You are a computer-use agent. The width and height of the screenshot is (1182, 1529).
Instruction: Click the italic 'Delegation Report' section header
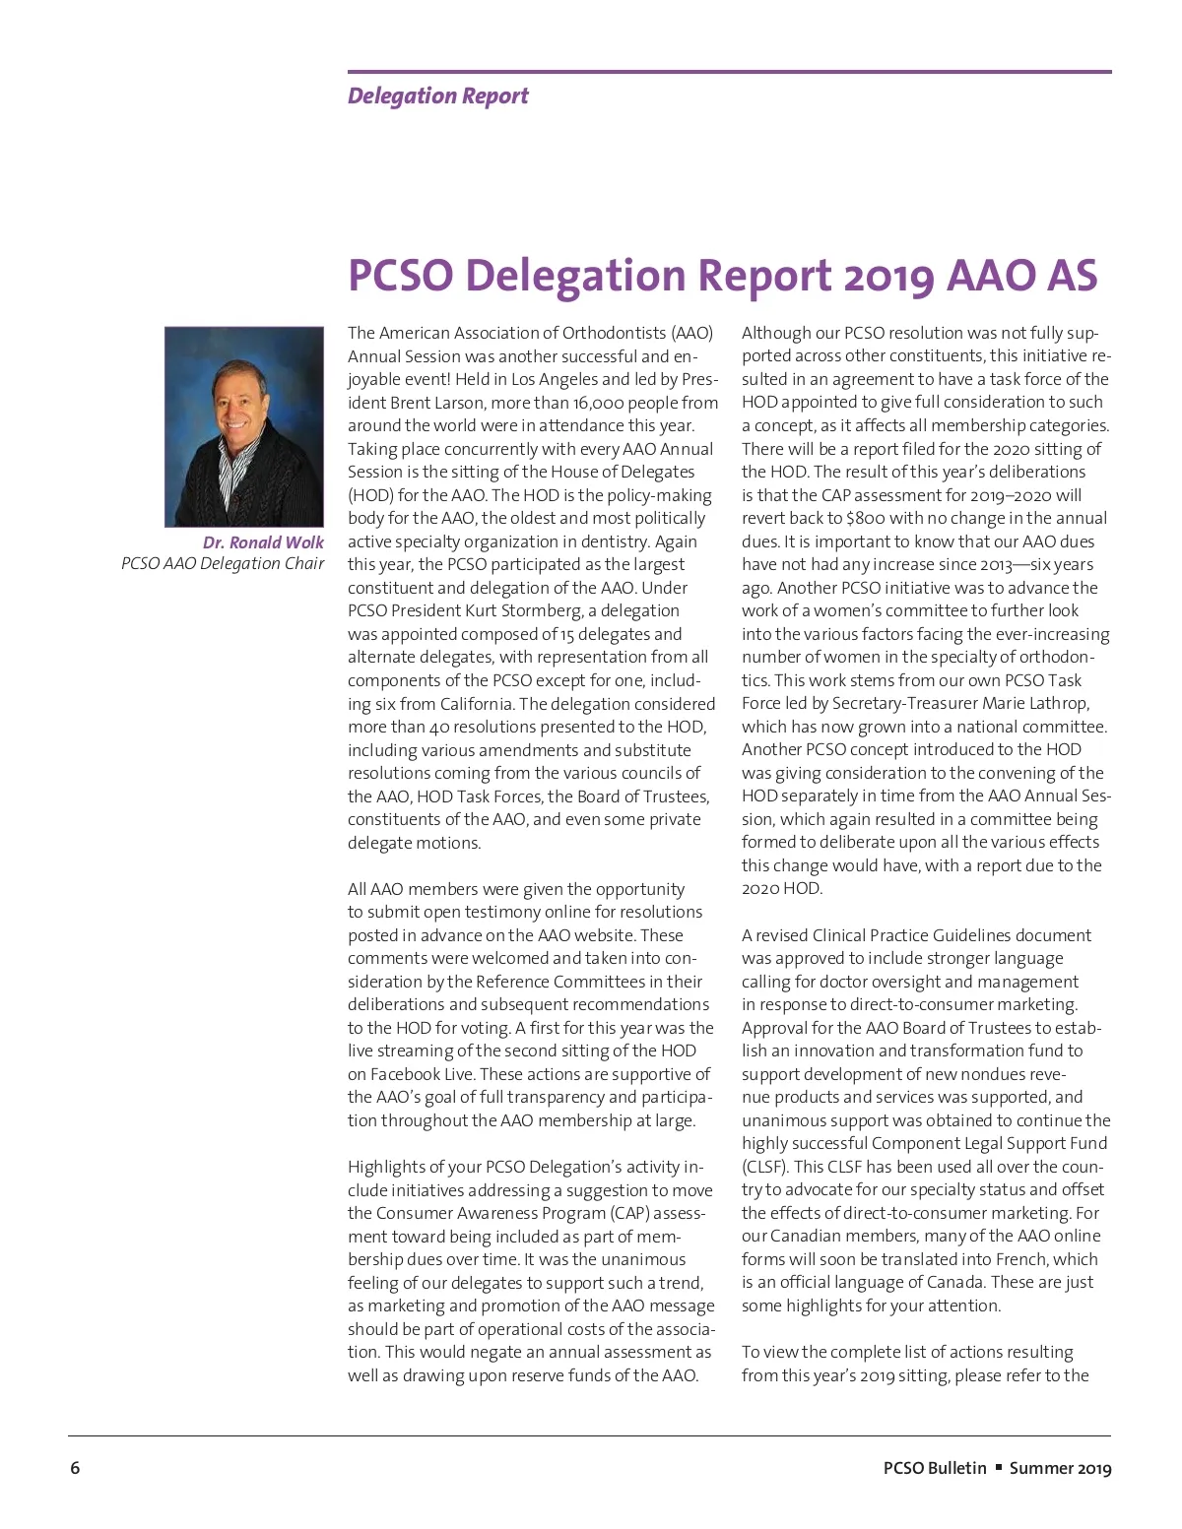(x=437, y=96)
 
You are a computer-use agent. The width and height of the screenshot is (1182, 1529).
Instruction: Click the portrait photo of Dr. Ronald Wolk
(x=243, y=426)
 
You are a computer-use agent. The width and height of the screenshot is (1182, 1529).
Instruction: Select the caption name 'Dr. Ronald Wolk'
(x=263, y=542)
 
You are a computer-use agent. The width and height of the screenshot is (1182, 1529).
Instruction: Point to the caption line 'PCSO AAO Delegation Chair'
(x=223, y=563)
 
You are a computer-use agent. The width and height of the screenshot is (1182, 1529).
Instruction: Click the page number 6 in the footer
(x=75, y=1468)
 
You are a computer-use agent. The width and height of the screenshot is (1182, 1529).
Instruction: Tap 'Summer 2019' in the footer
(x=1060, y=1468)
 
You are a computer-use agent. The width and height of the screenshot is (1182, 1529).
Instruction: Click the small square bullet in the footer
(x=998, y=1467)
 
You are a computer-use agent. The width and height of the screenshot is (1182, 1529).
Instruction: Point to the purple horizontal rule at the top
(x=729, y=72)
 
